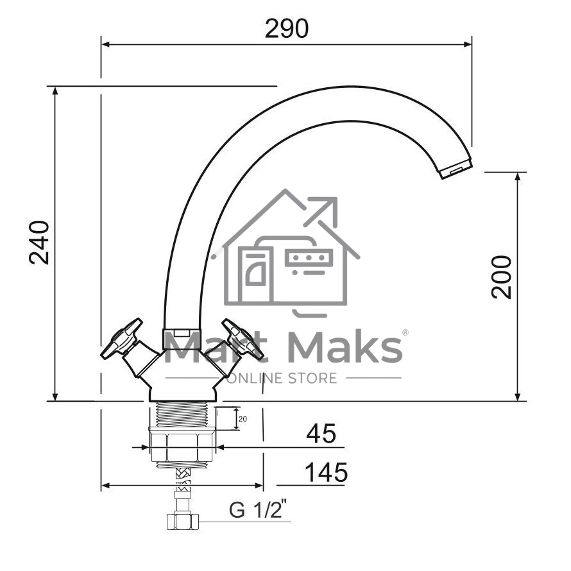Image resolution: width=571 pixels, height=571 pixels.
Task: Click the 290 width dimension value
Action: click(287, 28)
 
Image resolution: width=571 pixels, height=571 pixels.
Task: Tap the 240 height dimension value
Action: click(39, 243)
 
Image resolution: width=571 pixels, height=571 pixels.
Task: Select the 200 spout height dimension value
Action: click(502, 278)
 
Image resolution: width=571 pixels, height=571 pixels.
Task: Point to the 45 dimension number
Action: click(321, 434)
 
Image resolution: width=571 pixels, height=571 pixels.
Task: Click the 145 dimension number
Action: click(326, 472)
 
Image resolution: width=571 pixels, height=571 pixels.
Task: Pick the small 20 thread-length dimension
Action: click(243, 419)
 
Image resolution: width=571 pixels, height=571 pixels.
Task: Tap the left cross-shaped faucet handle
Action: click(122, 339)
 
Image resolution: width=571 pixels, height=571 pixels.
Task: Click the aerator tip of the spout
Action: click(456, 169)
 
